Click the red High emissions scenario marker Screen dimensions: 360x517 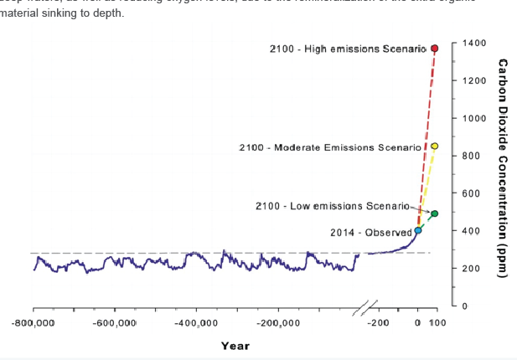[x=435, y=49]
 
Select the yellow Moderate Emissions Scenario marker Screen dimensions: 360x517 [x=435, y=147]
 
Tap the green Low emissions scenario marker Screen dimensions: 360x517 [x=435, y=213]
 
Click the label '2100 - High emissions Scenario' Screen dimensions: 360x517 [x=349, y=49]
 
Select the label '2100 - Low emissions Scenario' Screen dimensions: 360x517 [x=333, y=206]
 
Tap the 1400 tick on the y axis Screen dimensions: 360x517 [x=475, y=43]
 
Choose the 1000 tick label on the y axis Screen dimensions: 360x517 [x=475, y=118]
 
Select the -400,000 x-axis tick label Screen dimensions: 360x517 [x=196, y=322]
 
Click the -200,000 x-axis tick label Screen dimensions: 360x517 [x=277, y=322]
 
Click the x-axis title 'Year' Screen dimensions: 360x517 [x=235, y=346]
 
